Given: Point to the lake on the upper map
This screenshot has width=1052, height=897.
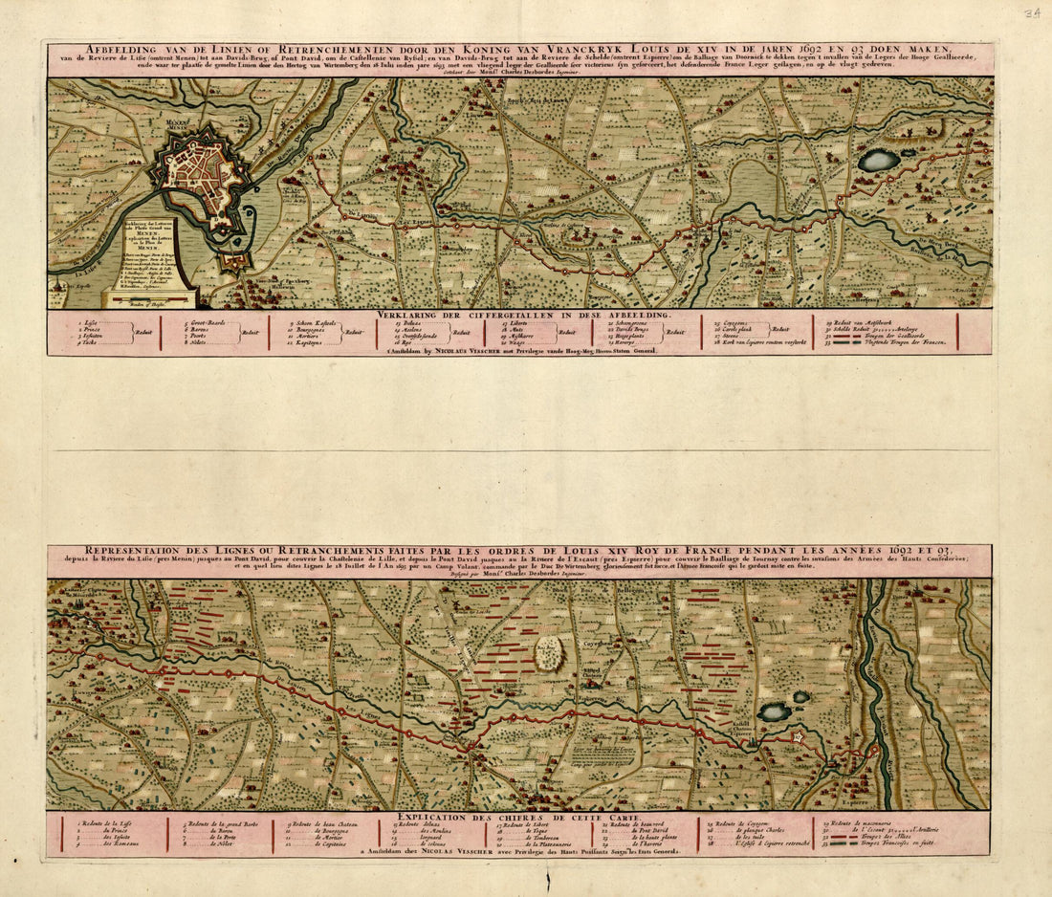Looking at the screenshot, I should click(878, 161).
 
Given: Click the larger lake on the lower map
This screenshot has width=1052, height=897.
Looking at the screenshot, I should click(774, 711).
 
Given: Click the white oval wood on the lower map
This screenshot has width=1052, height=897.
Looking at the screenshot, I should click(549, 654).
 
